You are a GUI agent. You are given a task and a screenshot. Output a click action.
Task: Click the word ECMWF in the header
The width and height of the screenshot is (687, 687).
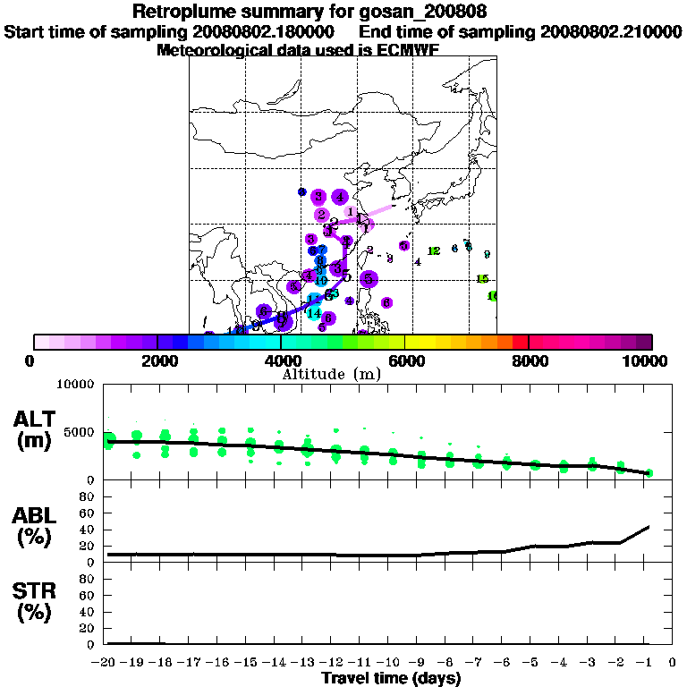tap(407, 50)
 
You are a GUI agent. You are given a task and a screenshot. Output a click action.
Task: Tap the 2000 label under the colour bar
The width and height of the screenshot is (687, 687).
tap(157, 360)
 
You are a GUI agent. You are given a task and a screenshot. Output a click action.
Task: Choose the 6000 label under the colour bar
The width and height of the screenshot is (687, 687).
tap(404, 360)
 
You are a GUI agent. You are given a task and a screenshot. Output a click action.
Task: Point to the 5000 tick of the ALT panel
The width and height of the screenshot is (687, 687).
tap(80, 433)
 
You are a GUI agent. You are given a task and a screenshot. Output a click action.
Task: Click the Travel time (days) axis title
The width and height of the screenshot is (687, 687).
tap(391, 678)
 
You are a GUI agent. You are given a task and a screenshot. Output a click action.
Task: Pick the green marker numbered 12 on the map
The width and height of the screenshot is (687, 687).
tap(434, 251)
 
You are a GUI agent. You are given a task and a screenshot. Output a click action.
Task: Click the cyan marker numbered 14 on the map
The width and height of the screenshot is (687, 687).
tap(314, 313)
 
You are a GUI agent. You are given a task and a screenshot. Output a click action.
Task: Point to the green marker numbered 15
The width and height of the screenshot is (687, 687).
tap(482, 279)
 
